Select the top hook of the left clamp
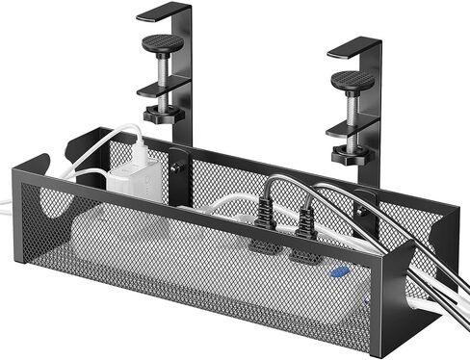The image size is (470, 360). pyautogui.click(x=165, y=13)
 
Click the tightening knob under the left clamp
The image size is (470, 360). pyautogui.click(x=167, y=116)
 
